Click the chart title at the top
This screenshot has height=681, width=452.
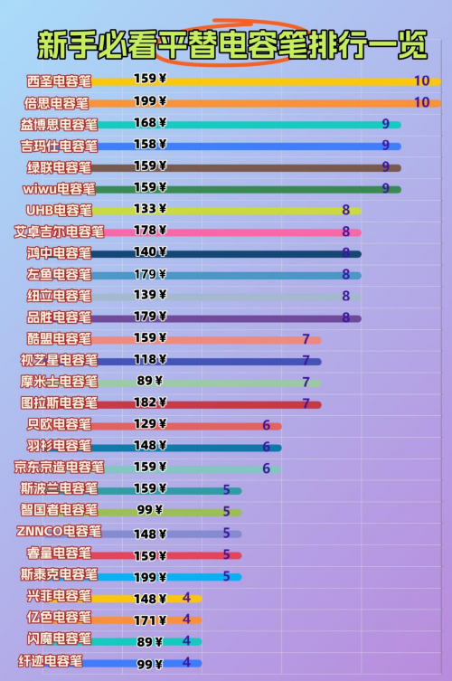(232, 44)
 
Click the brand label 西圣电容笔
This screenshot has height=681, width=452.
(59, 81)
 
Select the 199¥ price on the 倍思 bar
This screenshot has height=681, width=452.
(150, 100)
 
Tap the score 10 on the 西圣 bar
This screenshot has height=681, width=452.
(421, 80)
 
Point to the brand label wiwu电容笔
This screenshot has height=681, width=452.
(59, 189)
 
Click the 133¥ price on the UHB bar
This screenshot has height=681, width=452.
(150, 209)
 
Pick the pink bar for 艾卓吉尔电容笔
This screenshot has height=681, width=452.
(232, 232)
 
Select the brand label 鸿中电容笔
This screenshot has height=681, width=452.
(59, 252)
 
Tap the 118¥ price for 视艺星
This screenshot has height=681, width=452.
(150, 359)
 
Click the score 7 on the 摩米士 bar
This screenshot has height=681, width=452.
(306, 382)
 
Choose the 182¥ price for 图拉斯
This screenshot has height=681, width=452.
(150, 402)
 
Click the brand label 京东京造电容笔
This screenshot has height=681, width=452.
(59, 467)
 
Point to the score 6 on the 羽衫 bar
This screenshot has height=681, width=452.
(266, 447)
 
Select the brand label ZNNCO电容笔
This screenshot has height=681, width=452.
(59, 531)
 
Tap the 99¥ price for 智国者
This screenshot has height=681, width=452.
(150, 509)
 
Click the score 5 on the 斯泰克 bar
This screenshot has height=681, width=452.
(226, 576)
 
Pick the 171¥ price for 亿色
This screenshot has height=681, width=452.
(150, 620)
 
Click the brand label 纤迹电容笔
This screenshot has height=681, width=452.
(51, 661)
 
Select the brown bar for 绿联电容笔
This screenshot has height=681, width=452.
(246, 167)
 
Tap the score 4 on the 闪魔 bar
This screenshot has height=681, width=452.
(186, 640)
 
